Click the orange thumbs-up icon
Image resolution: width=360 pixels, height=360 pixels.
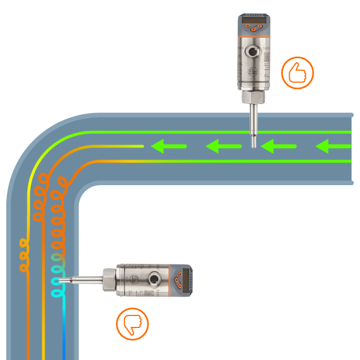pyautogui.click(x=297, y=73)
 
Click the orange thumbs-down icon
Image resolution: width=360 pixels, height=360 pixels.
pyautogui.click(x=133, y=324)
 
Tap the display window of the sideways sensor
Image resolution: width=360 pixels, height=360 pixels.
pyautogui.click(x=188, y=280)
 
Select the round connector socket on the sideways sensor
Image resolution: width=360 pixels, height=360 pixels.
pyautogui.click(x=154, y=280)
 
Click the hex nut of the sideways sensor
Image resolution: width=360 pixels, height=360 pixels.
pyautogui.click(x=108, y=280)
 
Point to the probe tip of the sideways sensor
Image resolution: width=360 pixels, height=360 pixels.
pyautogui.click(x=61, y=280)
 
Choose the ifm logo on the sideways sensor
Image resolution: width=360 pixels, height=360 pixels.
pyautogui.click(x=134, y=279)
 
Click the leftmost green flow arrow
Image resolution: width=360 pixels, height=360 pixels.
pyautogui.click(x=169, y=147)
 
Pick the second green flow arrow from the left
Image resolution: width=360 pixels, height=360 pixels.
pyautogui.click(x=223, y=147)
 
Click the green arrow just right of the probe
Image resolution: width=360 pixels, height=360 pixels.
pyautogui.click(x=278, y=147)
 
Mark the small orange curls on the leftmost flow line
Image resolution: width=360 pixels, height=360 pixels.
pyautogui.click(x=24, y=254)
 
